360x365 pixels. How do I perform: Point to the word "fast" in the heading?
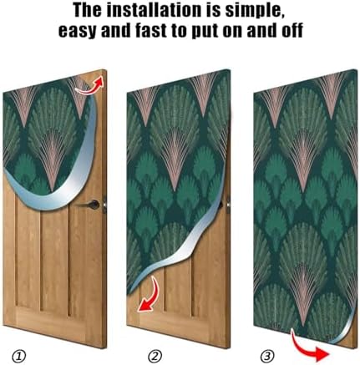(155, 32)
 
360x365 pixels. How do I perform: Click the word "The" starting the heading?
(88, 12)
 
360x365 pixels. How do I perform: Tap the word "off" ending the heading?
(290, 32)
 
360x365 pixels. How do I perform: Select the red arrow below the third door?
(311, 340)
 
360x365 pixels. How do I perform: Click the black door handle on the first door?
(96, 203)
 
